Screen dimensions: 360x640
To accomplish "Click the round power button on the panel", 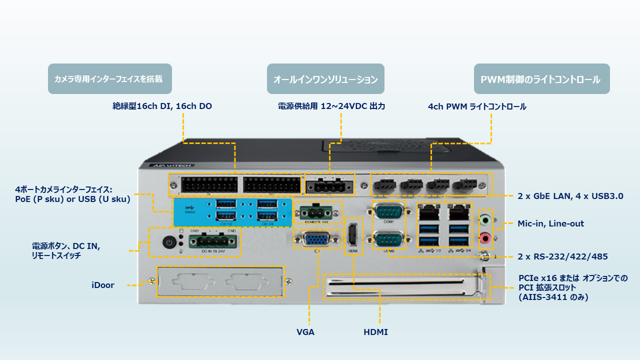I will [x=169, y=242].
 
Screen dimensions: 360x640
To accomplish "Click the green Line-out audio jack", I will [x=484, y=219].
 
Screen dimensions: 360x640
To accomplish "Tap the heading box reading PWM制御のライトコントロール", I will [x=541, y=79].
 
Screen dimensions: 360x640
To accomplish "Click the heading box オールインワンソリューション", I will [x=325, y=79].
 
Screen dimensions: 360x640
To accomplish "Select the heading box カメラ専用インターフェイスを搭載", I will [x=109, y=79].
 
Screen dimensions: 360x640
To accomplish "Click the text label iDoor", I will [x=102, y=285].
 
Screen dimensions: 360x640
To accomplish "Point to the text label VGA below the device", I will [x=305, y=332].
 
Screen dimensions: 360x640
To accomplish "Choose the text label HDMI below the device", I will [x=375, y=332].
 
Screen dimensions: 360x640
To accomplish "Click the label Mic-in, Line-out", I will [x=550, y=223].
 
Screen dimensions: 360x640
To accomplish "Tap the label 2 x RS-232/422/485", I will [x=562, y=256].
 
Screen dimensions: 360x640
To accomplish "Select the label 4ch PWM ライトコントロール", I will [x=477, y=106].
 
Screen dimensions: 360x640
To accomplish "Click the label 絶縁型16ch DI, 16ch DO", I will [x=162, y=106].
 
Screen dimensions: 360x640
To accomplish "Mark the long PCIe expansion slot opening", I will [x=400, y=287].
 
